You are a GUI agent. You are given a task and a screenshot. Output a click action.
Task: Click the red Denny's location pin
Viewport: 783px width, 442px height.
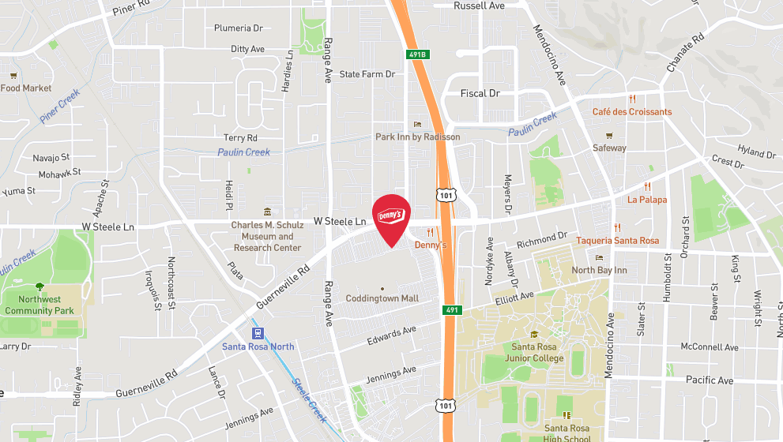coord(391,219)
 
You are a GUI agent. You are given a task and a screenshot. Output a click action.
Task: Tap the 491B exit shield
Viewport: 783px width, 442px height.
coord(418,54)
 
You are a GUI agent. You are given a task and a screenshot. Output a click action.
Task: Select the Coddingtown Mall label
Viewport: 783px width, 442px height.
coord(382,298)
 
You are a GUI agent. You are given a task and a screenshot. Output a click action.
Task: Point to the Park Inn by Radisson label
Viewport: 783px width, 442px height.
coord(417,137)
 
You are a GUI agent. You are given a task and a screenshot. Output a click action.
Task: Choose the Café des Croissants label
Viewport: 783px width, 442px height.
coord(632,111)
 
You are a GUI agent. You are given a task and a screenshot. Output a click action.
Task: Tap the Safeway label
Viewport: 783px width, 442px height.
coord(609,148)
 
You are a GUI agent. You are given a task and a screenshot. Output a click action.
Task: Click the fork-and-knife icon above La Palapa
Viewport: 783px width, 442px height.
coord(647,187)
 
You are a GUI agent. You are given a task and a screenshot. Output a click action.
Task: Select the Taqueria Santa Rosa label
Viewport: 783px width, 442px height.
coord(617,241)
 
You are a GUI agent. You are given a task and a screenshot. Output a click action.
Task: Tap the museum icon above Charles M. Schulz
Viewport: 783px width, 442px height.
coord(268,212)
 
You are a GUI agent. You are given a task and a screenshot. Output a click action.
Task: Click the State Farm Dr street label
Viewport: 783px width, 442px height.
coord(367,74)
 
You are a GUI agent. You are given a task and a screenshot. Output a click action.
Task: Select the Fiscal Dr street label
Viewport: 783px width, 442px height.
coord(480,93)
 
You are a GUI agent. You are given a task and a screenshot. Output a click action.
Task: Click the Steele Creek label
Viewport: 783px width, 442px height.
coord(308,399)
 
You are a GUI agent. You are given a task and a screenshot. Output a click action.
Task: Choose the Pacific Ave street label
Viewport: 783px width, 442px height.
coord(709,380)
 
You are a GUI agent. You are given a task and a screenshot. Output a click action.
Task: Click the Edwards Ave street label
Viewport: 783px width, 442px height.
coord(391,335)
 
